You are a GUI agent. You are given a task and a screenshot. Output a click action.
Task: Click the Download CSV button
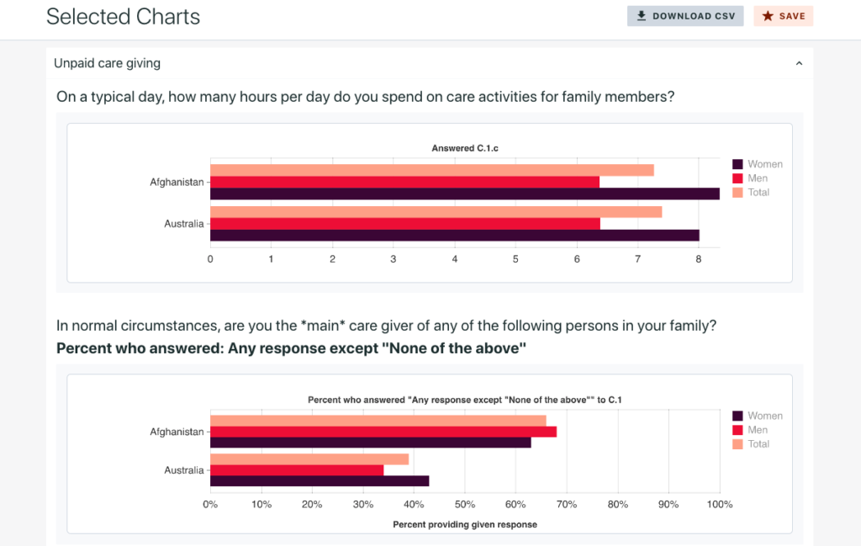click(685, 16)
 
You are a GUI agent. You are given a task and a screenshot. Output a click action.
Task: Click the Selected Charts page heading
click(123, 16)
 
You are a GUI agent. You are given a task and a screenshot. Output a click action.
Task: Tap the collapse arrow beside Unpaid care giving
click(799, 63)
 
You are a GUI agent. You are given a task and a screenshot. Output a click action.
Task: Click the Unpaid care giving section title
click(107, 63)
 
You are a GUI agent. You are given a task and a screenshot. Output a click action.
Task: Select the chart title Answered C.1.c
click(465, 148)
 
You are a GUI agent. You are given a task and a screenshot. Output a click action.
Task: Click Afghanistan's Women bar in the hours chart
click(464, 193)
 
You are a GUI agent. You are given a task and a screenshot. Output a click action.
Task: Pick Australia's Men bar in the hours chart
click(404, 224)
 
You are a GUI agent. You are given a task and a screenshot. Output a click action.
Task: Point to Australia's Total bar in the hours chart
click(436, 212)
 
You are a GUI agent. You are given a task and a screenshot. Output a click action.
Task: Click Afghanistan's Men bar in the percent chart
click(383, 432)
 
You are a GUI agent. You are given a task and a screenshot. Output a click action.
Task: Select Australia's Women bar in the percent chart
click(320, 481)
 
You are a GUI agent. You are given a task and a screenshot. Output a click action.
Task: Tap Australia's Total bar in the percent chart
click(309, 459)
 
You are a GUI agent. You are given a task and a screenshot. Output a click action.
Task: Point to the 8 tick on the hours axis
click(699, 259)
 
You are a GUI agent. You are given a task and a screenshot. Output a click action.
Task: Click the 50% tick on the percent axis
click(465, 505)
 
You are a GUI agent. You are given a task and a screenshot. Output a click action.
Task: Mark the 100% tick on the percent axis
click(720, 505)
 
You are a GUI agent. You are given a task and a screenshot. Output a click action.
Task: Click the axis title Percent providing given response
click(465, 524)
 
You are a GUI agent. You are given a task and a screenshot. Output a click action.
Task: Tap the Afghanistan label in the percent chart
click(177, 432)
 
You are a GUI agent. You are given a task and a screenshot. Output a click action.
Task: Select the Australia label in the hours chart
click(183, 224)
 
